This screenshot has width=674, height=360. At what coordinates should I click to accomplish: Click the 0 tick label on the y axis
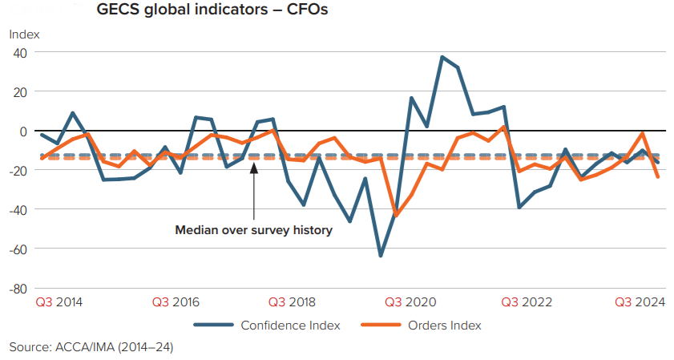pyautogui.click(x=23, y=131)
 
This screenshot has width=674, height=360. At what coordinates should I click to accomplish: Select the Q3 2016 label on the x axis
pyautogui.click(x=176, y=302)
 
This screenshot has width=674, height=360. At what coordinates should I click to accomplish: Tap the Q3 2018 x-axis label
pyautogui.click(x=293, y=302)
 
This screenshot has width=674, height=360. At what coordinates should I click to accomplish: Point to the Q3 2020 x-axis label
pyautogui.click(x=410, y=302)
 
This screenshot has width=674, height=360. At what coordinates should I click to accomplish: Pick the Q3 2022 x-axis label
pyautogui.click(x=526, y=302)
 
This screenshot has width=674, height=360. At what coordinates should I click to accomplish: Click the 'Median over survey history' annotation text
pyautogui.click(x=253, y=230)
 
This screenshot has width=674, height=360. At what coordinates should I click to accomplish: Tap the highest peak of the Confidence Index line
pyautogui.click(x=442, y=57)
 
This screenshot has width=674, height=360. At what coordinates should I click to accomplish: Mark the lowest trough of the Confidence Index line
pyautogui.click(x=381, y=256)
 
